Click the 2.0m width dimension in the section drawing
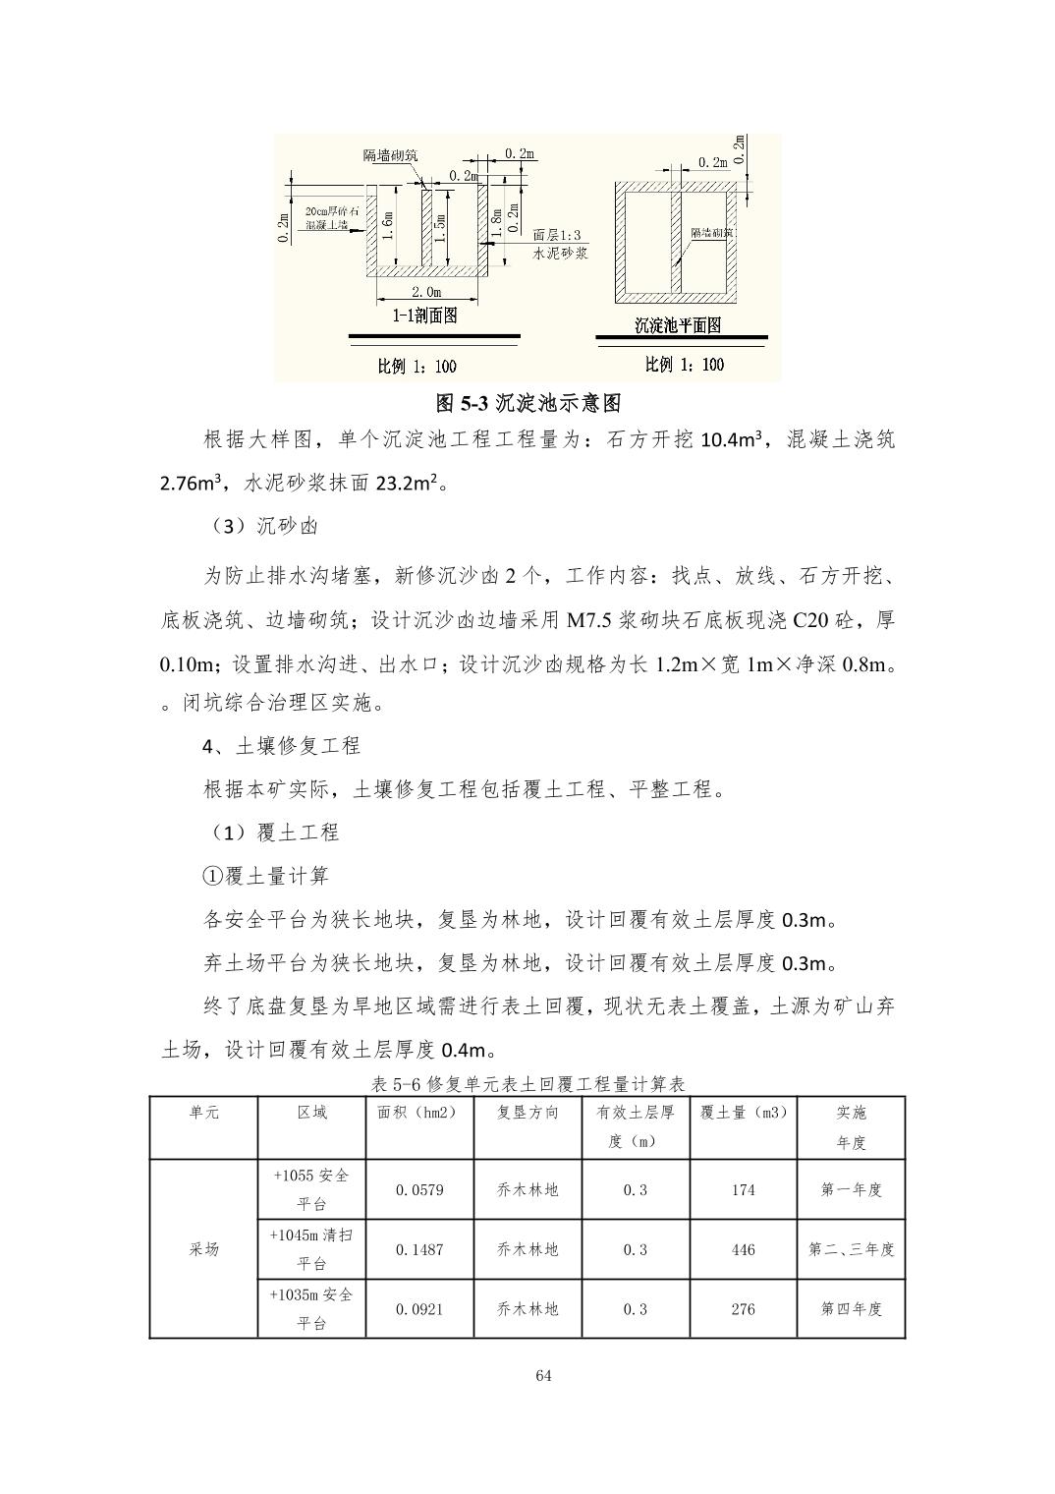point(424,292)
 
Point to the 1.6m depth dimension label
point(390,227)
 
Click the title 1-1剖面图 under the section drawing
point(424,316)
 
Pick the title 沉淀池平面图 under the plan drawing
point(678,325)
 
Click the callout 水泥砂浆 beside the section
point(560,253)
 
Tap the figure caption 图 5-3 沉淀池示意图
point(527,403)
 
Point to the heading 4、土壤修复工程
point(281,746)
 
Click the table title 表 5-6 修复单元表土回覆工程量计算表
point(527,1084)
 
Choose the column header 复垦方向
point(527,1113)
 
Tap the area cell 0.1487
point(419,1250)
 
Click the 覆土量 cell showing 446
point(744,1250)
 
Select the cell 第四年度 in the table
point(852,1309)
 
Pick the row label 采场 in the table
point(204,1250)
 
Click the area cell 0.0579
point(419,1190)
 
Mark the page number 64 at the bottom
point(544,1376)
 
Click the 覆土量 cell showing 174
point(744,1190)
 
